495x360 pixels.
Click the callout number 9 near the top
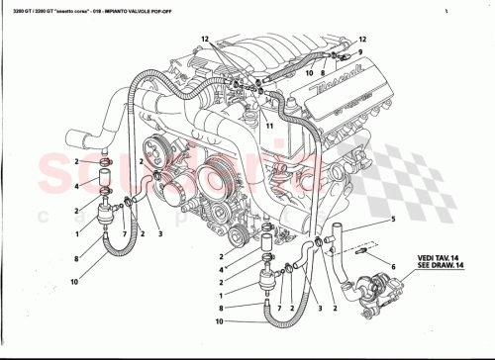pyautogui.click(x=360, y=51)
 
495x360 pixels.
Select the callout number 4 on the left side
pyautogui.click(x=76, y=185)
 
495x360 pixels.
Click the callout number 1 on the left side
pyautogui.click(x=76, y=234)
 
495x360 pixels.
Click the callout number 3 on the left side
pyautogui.click(x=160, y=234)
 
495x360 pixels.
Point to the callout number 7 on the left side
pyautogui.click(x=123, y=234)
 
